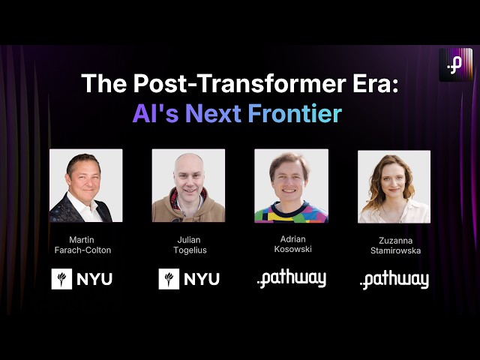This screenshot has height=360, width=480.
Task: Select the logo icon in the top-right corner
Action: click(x=455, y=64)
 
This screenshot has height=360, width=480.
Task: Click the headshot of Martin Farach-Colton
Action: click(x=85, y=185)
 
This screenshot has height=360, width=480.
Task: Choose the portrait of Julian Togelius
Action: click(x=188, y=185)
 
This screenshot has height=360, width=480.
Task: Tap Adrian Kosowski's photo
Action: click(x=291, y=185)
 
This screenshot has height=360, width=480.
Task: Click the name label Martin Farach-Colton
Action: click(x=85, y=244)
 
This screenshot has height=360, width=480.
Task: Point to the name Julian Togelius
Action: click(x=188, y=244)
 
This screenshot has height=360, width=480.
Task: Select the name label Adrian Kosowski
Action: click(x=291, y=244)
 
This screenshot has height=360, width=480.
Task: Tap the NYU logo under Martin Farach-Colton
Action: click(x=82, y=279)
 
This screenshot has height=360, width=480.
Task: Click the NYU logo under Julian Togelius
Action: click(x=189, y=279)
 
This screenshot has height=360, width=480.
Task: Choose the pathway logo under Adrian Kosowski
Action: click(x=291, y=279)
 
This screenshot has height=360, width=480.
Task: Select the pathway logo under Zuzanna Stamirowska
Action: click(x=394, y=280)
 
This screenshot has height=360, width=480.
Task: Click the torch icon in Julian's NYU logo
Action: click(x=169, y=279)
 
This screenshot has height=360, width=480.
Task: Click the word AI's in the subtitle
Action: click(x=157, y=113)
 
